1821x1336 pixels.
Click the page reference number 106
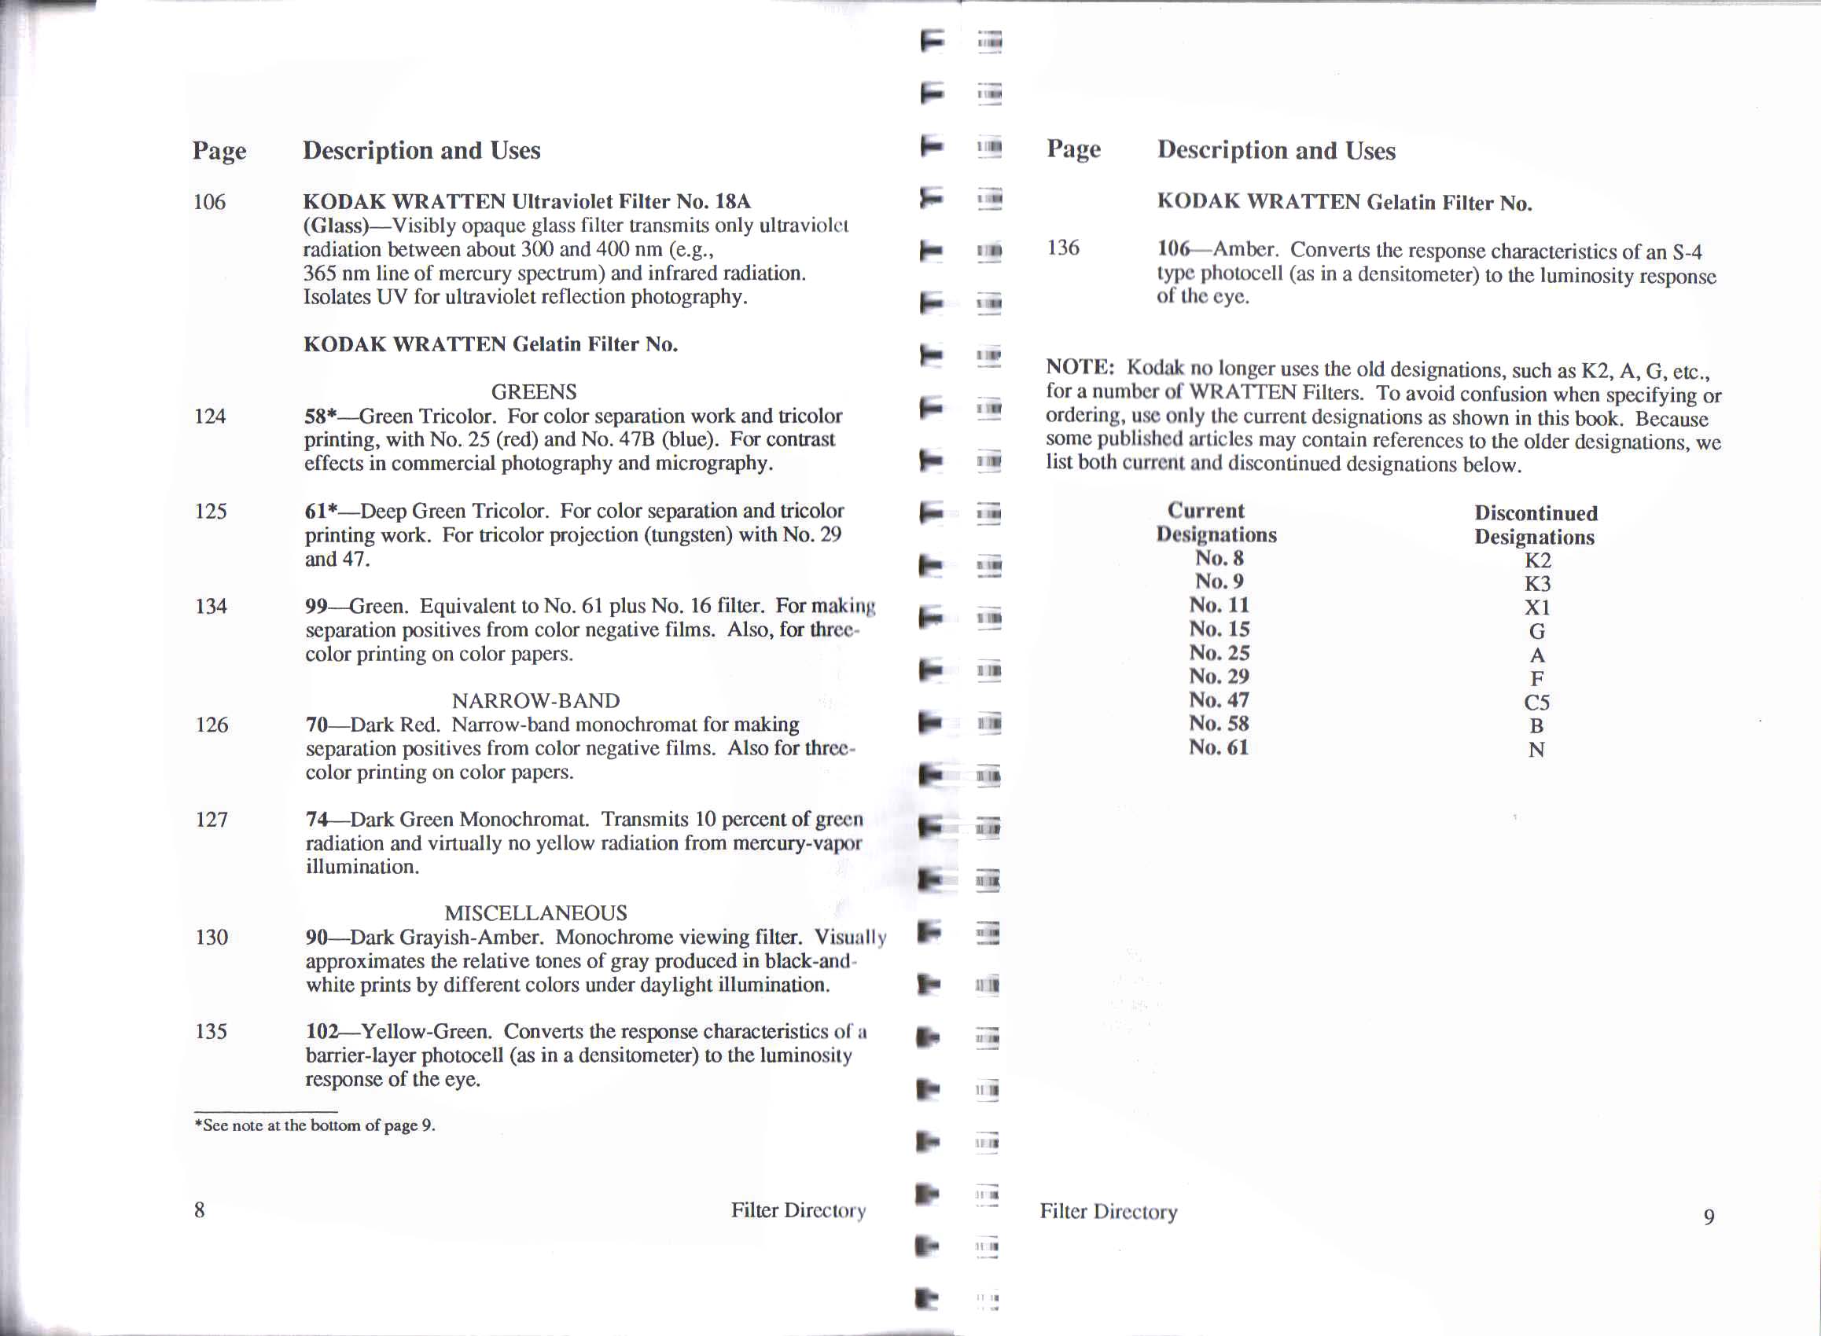coord(208,201)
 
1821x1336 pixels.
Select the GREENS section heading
coord(534,392)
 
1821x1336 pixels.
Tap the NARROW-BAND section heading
coord(535,700)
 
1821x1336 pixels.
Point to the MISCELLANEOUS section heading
coord(535,913)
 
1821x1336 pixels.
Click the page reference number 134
coord(212,606)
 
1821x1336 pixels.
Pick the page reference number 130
coord(212,938)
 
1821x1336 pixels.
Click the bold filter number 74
coord(316,819)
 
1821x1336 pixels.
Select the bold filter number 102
coord(322,1031)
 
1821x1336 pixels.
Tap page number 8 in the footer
coord(199,1209)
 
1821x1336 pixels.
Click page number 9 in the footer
coord(1709,1217)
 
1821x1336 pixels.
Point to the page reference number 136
coord(1063,248)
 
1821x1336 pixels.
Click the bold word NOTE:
coord(1080,367)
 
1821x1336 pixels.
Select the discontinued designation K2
coord(1537,560)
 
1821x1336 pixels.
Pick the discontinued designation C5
coord(1537,702)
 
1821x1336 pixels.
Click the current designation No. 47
coord(1218,699)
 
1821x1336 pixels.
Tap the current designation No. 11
coord(1218,605)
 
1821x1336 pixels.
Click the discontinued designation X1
coord(1537,607)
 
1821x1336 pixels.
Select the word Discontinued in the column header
coord(1536,513)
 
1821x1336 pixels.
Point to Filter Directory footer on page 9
coord(1109,1212)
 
